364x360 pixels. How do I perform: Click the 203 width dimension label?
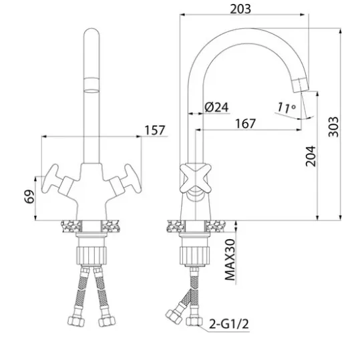tap(240, 9)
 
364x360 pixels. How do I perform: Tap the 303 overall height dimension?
tap(333, 127)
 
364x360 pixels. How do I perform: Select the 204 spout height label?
tap(311, 156)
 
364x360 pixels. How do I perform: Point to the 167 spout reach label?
tap(245, 124)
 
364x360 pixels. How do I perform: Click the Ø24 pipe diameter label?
tap(216, 107)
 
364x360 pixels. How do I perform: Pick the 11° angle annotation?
tap(287, 108)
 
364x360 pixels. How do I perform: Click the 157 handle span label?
tap(155, 130)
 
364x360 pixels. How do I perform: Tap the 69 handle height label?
tap(29, 196)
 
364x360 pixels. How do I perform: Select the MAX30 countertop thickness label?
tap(230, 260)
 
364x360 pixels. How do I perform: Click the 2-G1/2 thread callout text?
tap(229, 324)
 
